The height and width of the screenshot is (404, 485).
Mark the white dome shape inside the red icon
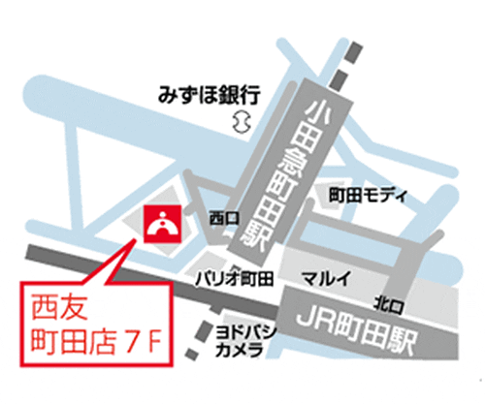160,225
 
